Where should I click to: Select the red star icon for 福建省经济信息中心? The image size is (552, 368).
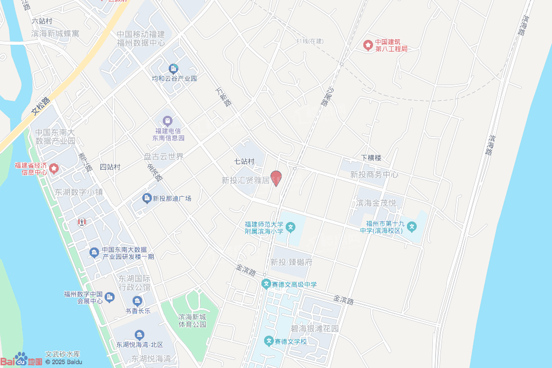54,169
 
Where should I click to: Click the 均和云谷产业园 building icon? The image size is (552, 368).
174,68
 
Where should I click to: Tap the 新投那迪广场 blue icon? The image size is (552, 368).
147,198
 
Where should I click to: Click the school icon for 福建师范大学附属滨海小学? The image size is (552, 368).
290,227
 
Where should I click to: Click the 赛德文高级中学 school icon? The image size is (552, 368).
266,284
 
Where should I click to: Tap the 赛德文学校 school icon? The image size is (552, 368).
268,341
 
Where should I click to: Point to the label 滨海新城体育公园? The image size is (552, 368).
192,321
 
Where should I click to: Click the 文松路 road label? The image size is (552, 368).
40,106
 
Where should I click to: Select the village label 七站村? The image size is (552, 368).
244,161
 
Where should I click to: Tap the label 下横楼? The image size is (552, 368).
371,158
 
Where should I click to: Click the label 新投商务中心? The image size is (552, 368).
374,175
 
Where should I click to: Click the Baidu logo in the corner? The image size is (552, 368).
22,360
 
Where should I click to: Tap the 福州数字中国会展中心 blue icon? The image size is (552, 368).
110,297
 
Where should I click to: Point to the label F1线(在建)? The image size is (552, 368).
310,41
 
